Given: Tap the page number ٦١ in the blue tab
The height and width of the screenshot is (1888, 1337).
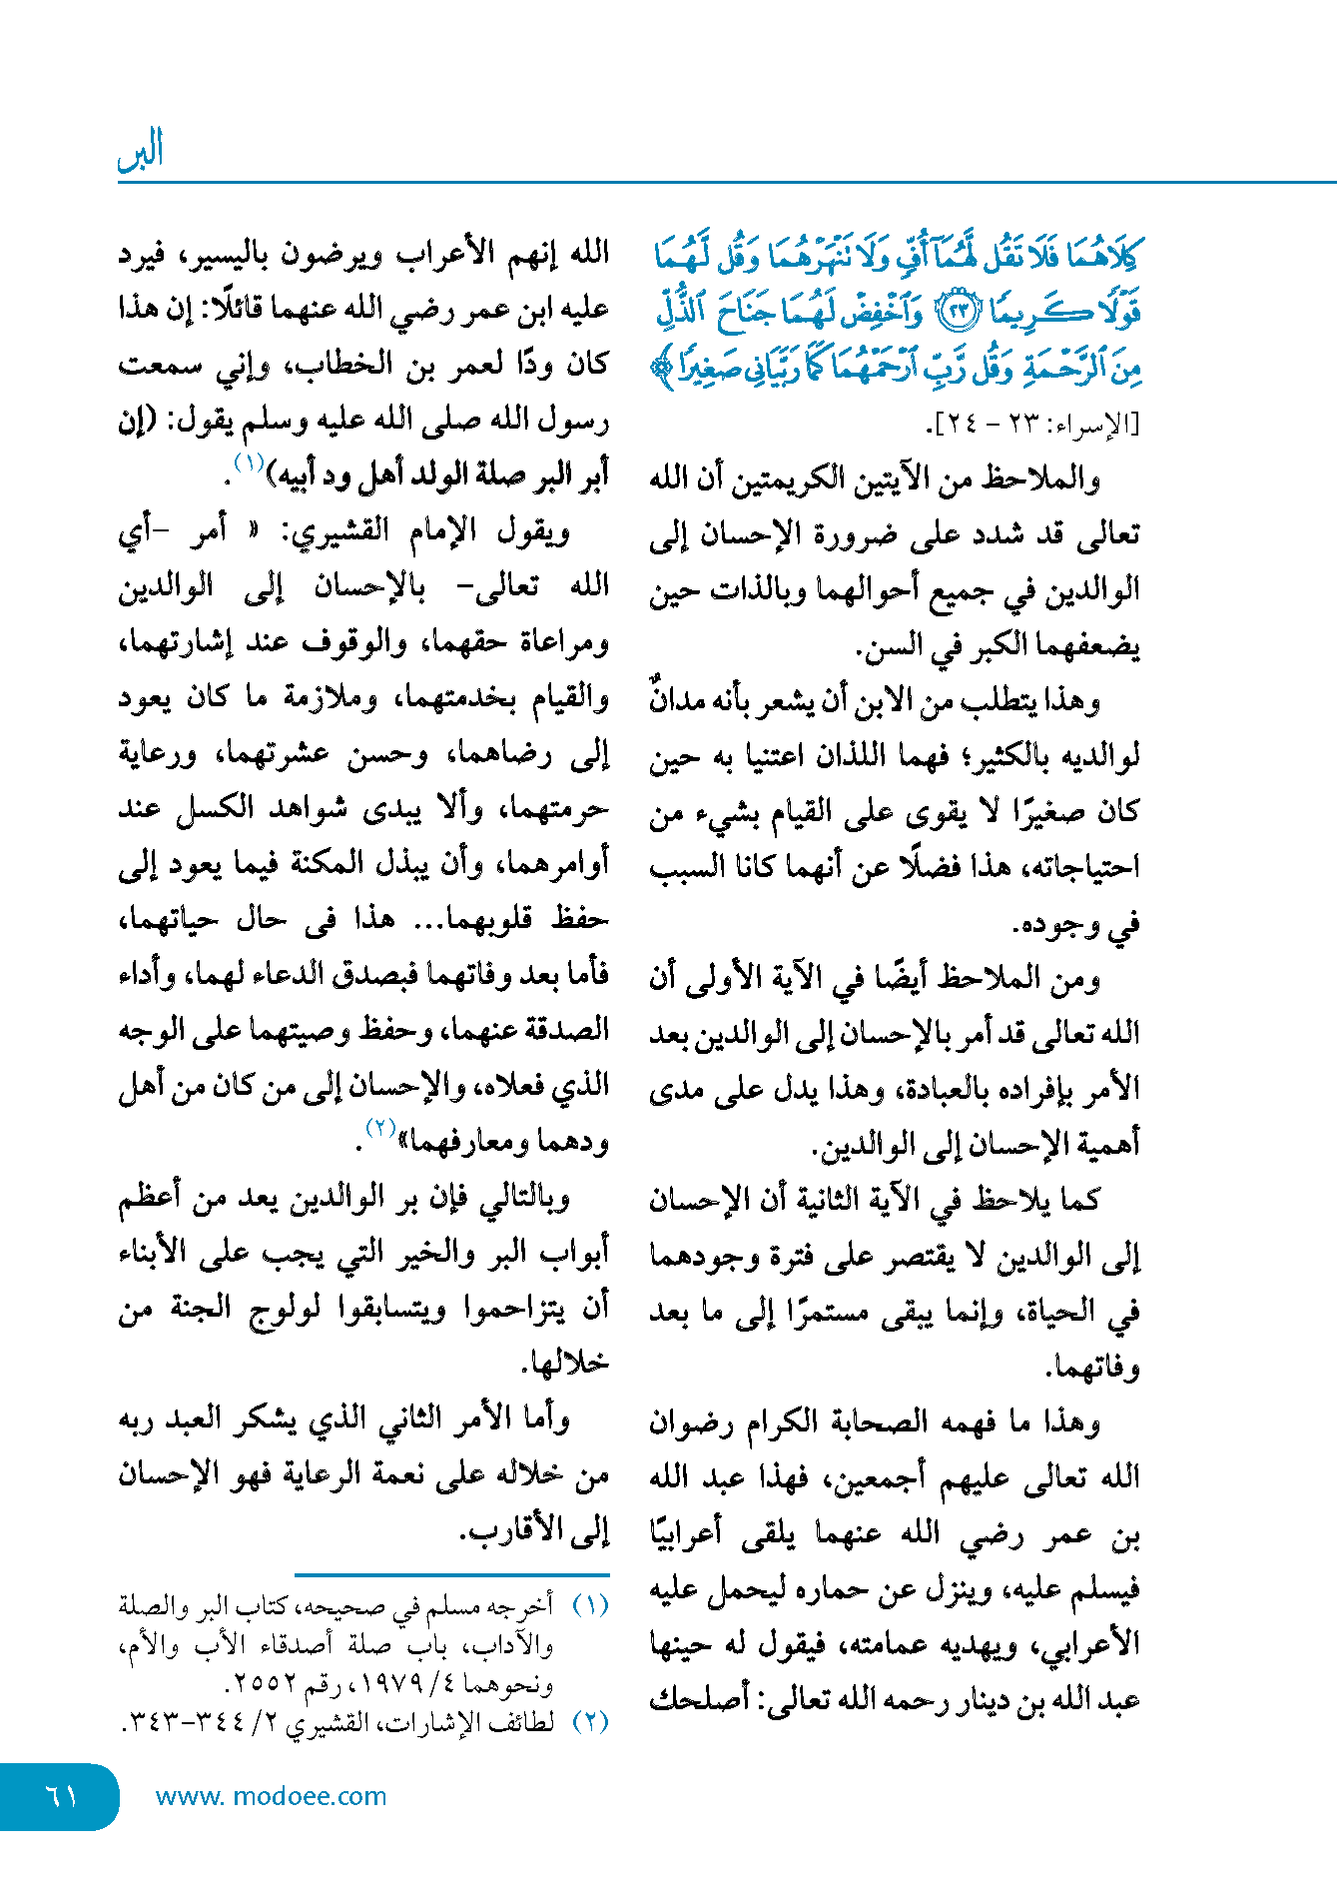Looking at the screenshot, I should tap(62, 1796).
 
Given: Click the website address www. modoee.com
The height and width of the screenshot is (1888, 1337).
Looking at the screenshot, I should tap(271, 1796).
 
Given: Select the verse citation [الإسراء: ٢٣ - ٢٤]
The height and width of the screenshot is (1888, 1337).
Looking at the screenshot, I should tap(1032, 424).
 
